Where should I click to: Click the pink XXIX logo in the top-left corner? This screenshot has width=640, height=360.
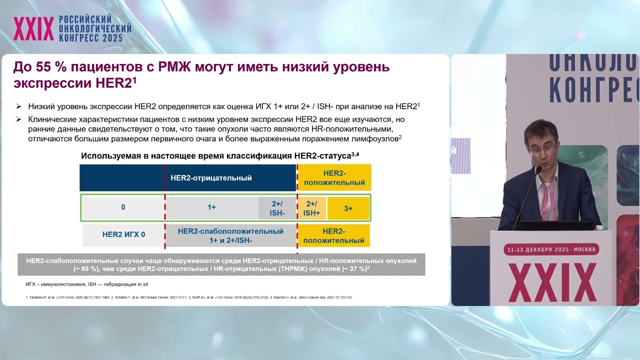[x=33, y=29]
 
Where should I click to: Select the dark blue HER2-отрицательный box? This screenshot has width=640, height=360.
[x=187, y=177]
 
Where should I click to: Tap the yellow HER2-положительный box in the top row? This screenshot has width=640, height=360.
[x=334, y=177]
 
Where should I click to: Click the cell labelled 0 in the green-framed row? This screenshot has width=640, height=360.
[x=123, y=207]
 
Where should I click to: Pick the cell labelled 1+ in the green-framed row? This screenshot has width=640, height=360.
[x=212, y=207]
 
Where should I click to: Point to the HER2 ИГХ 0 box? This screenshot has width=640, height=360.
[x=123, y=234]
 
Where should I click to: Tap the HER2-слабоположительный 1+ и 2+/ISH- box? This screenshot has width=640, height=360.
[x=230, y=235]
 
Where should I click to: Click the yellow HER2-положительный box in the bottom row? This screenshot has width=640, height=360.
[x=333, y=235]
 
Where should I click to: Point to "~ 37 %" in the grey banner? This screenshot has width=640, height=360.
[x=354, y=269]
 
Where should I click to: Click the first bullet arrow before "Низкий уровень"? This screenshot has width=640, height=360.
[x=19, y=106]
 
